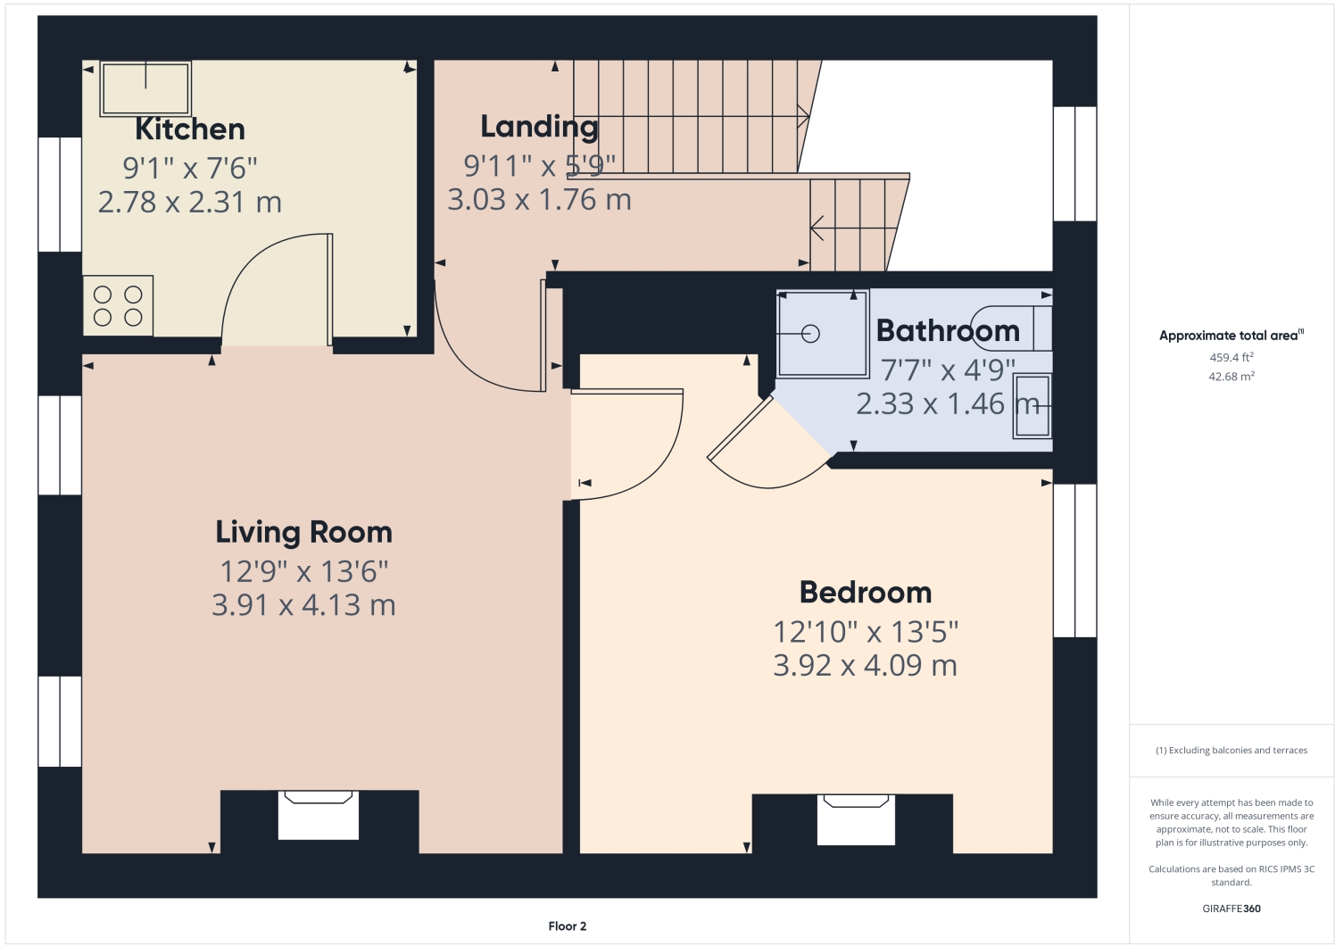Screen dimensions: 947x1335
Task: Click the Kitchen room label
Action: point(189,129)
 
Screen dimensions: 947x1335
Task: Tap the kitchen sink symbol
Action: point(145,88)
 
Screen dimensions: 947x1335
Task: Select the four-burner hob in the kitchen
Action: point(118,306)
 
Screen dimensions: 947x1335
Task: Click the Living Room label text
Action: point(303,532)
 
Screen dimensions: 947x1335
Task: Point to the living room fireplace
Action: point(319,814)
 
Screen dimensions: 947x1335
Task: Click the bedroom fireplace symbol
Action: point(857,818)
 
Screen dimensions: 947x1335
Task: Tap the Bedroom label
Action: point(865,593)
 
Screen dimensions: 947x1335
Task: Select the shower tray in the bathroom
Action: point(822,333)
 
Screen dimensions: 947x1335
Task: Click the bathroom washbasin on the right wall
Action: point(1032,406)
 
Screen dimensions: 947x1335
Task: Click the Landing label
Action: point(539,127)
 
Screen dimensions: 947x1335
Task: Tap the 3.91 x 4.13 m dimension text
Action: point(303,605)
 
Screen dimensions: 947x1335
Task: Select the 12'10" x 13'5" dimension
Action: point(865,632)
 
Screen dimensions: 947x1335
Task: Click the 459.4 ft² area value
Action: point(1231,357)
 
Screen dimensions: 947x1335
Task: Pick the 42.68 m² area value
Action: point(1231,377)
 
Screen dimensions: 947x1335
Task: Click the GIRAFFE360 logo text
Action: point(1231,909)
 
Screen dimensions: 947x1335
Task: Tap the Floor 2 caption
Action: point(567,926)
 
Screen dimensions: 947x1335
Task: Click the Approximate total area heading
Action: point(1230,336)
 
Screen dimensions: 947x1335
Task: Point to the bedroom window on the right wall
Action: point(1074,561)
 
